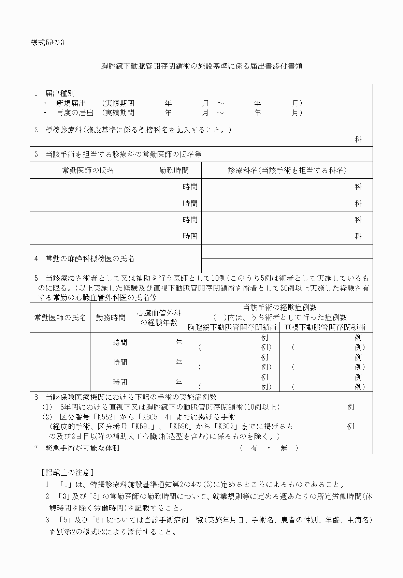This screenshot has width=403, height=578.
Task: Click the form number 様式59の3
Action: pyautogui.click(x=47, y=43)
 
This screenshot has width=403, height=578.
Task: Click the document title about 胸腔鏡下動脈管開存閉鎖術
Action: pyautogui.click(x=201, y=66)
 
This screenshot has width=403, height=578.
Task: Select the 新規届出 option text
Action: pyautogui.click(x=71, y=103)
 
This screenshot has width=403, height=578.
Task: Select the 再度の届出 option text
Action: pyautogui.click(x=75, y=113)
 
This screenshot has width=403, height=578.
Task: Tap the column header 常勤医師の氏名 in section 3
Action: pyautogui.click(x=88, y=170)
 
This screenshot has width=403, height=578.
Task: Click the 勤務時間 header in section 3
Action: pyautogui.click(x=174, y=170)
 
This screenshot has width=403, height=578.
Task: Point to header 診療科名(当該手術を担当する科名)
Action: pyautogui.click(x=287, y=170)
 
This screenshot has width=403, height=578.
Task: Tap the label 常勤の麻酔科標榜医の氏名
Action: pyautogui.click(x=90, y=258)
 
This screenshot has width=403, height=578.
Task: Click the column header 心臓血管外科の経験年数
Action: pyautogui.click(x=159, y=317)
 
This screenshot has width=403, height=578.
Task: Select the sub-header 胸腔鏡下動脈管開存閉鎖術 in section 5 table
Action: pyautogui.click(x=232, y=327)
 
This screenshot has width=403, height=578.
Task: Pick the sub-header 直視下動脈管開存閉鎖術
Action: pyautogui.click(x=325, y=327)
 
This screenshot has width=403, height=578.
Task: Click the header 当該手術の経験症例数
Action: pyautogui.click(x=279, y=308)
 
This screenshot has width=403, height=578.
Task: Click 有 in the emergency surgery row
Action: pyautogui.click(x=254, y=448)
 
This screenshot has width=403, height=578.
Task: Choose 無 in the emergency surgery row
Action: pyautogui.click(x=284, y=448)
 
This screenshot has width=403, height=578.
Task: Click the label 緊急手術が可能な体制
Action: pyautogui.click(x=82, y=448)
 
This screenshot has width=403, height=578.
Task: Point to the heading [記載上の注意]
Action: pyautogui.click(x=67, y=472)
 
